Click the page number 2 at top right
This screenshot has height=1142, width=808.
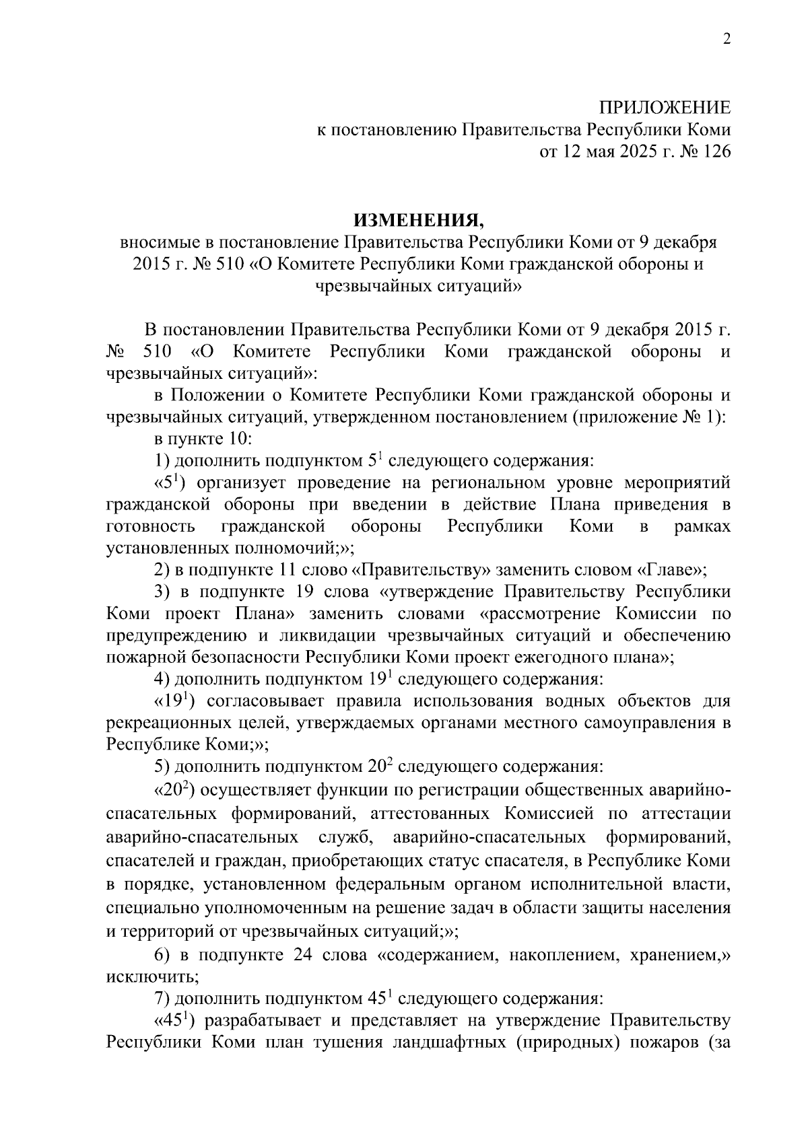coord(726,39)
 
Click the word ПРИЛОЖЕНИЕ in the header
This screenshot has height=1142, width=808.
coord(665,108)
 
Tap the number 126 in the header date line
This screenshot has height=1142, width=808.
coord(716,152)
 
